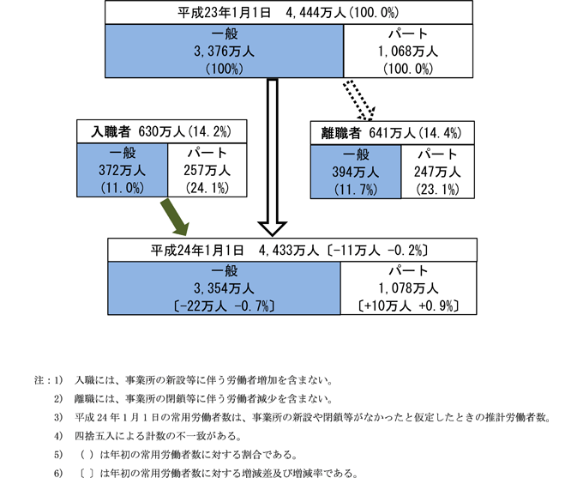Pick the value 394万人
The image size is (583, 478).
pyautogui.click(x=355, y=172)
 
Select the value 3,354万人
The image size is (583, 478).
pyautogui.click(x=224, y=287)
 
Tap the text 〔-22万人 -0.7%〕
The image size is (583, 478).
pyautogui.click(x=224, y=305)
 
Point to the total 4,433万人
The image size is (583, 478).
pyautogui.click(x=293, y=251)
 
